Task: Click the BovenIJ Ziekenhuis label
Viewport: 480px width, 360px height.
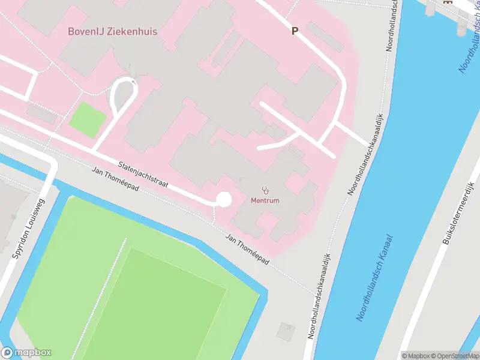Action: pyautogui.click(x=112, y=31)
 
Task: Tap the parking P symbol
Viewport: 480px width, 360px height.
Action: pyautogui.click(x=295, y=31)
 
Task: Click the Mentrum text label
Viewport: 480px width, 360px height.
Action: pyautogui.click(x=265, y=200)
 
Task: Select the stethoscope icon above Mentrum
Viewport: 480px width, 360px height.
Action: pyautogui.click(x=265, y=190)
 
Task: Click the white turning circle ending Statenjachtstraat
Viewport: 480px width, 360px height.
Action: pyautogui.click(x=224, y=199)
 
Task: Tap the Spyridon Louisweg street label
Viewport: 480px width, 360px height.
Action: pyautogui.click(x=28, y=229)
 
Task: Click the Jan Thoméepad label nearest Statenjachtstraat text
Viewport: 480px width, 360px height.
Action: pyautogui.click(x=116, y=179)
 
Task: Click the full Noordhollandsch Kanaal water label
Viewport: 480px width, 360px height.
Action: pyautogui.click(x=376, y=277)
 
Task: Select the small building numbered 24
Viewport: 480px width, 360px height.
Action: pyautogui.click(x=286, y=330)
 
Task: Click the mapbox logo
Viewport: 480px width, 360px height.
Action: pyautogui.click(x=26, y=353)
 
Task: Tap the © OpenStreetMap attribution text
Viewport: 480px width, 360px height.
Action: pyautogui.click(x=454, y=355)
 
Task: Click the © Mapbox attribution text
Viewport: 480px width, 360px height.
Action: pyautogui.click(x=415, y=355)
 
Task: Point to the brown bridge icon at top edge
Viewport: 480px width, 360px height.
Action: pyautogui.click(x=446, y=2)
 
